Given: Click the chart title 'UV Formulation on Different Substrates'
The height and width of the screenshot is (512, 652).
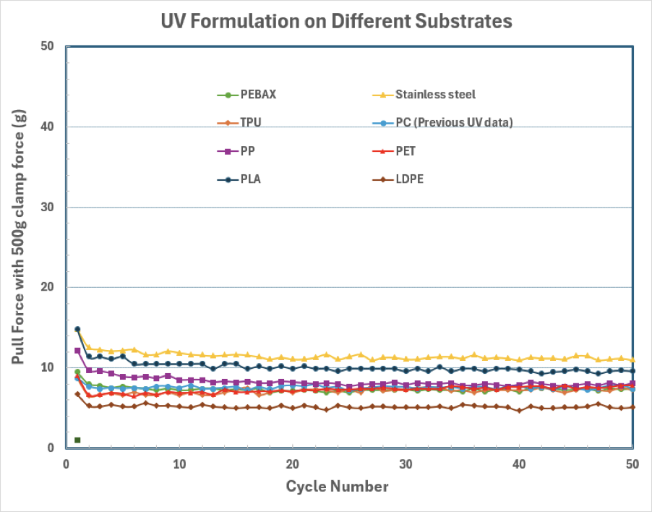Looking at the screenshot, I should pyautogui.click(x=336, y=22).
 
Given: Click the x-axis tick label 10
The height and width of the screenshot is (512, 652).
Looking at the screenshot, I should pyautogui.click(x=179, y=464).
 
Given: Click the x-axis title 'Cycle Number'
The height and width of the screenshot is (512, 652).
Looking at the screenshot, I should pyautogui.click(x=337, y=486).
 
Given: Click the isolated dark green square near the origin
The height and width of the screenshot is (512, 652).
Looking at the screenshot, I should pyautogui.click(x=77, y=440).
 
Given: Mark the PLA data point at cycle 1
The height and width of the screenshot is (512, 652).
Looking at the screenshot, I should pyautogui.click(x=77, y=330).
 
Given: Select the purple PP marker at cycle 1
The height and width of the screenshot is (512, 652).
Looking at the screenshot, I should pyautogui.click(x=77, y=351).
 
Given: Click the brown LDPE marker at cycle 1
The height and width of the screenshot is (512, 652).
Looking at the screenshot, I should pyautogui.click(x=77, y=394).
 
